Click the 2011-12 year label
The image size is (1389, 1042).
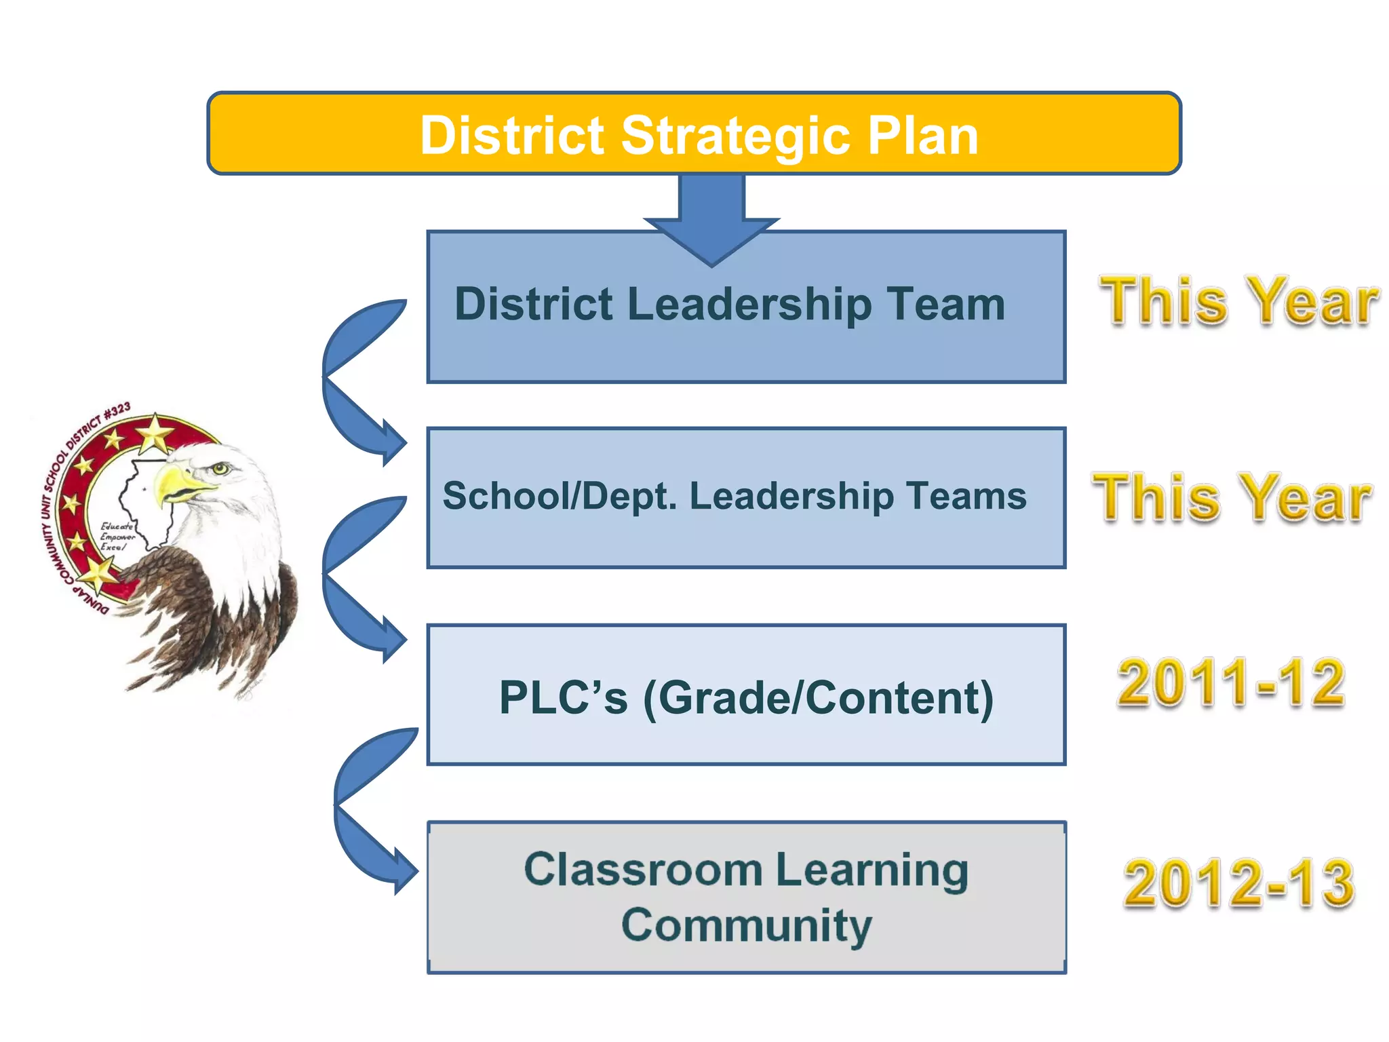pos(1230,682)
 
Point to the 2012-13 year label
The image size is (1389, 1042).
pos(1238,883)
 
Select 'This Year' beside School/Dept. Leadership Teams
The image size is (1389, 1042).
pos(1232,499)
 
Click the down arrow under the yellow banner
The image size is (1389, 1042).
pos(711,217)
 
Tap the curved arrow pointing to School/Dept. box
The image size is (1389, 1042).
pos(353,380)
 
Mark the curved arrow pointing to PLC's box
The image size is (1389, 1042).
pos(353,577)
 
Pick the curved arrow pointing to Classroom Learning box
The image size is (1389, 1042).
pos(366,807)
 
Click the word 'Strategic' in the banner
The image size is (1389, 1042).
pos(737,136)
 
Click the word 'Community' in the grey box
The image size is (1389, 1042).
pos(746,925)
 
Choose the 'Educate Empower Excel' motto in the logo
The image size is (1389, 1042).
pos(117,537)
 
